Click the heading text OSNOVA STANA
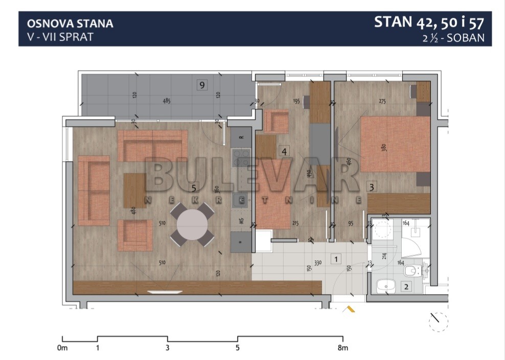70,23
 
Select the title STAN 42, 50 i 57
429,22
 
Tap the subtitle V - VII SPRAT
60,37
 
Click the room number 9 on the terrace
202,85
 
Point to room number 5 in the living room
194,188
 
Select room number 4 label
284,151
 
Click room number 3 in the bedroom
372,187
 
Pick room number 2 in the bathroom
406,287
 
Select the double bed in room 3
395,145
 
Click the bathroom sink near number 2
385,287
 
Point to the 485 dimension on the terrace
167,101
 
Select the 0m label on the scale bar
62,349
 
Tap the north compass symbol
439,321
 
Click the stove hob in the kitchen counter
241,158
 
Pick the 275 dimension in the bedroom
382,101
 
